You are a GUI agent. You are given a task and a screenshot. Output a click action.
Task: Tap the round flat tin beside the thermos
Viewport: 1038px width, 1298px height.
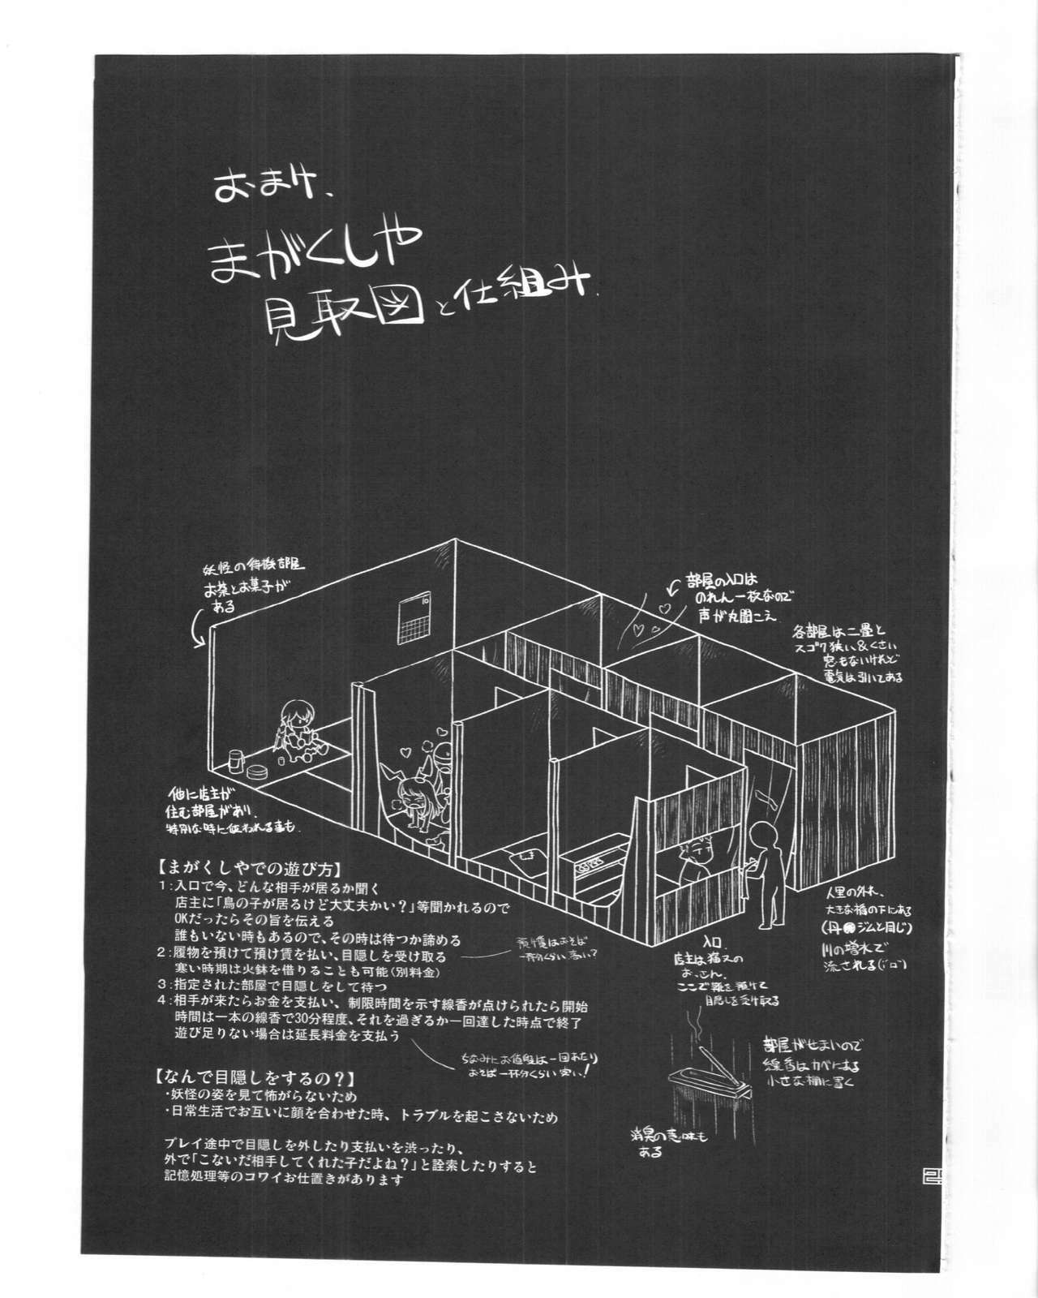(259, 772)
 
